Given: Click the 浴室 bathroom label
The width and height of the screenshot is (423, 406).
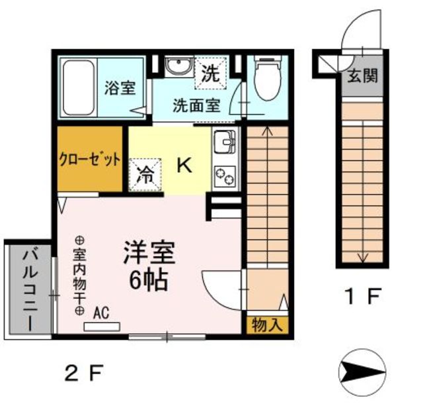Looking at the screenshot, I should [121, 88].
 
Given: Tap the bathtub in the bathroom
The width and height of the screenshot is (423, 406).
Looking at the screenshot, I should [79, 87].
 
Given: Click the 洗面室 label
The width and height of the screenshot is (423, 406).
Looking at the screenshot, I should [196, 105].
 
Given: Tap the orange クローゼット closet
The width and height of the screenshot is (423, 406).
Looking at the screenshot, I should [90, 160].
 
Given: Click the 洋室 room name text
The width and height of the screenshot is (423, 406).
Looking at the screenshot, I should [149, 253].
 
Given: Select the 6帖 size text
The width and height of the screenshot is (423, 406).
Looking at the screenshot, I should [148, 281].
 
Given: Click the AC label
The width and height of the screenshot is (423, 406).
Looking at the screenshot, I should [101, 311].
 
